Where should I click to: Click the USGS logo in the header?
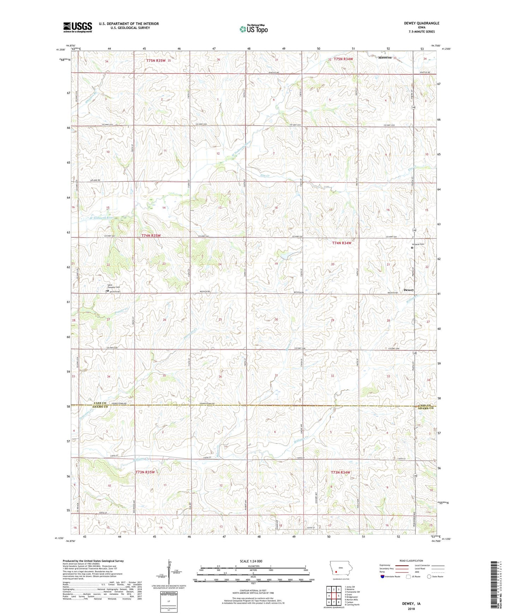point(78,27)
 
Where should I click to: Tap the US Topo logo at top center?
point(253,29)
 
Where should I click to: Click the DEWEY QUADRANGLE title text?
point(421,23)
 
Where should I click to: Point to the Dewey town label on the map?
point(408,290)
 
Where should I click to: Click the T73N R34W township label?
point(341,472)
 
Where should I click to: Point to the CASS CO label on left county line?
point(100,403)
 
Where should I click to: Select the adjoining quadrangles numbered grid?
point(334,596)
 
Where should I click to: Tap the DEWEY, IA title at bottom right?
point(411,604)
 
